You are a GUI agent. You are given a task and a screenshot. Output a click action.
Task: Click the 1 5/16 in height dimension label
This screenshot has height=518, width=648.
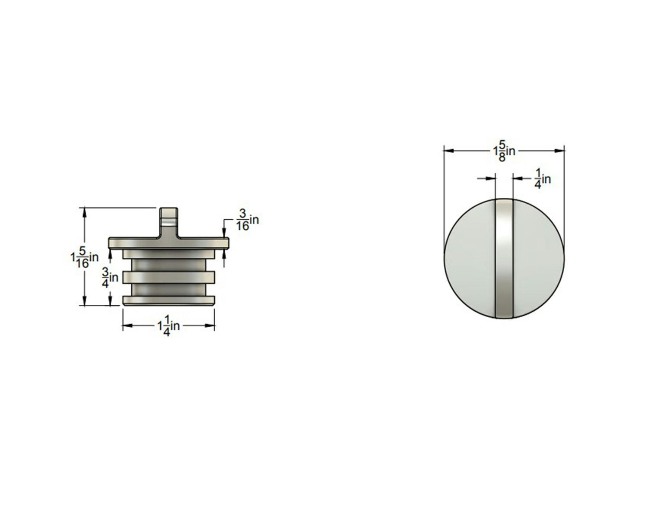(x=85, y=257)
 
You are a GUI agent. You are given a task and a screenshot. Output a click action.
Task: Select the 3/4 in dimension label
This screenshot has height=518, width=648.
(x=110, y=278)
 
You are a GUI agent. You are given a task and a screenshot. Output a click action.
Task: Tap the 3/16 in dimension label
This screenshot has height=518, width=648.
(x=247, y=220)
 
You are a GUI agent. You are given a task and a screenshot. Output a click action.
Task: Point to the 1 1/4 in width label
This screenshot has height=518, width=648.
(x=168, y=325)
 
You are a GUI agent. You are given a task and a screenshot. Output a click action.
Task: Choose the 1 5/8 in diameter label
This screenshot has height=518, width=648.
(x=504, y=151)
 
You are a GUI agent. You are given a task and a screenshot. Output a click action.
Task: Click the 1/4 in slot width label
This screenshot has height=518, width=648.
(x=543, y=179)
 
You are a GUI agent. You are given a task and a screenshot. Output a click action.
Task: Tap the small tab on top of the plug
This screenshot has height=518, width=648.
(x=168, y=222)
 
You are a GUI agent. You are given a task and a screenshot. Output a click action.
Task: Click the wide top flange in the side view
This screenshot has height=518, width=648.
(x=168, y=243)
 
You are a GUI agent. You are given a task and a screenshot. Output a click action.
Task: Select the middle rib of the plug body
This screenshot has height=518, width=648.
(x=168, y=277)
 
